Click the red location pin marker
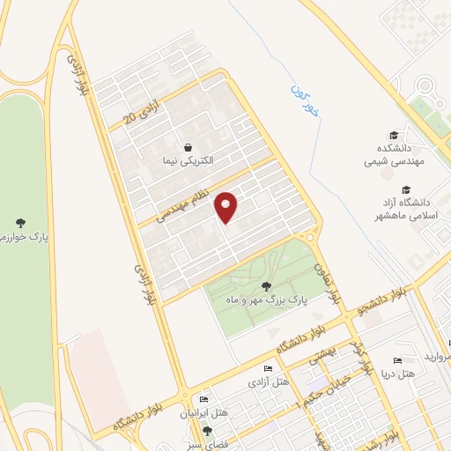coord(227,207)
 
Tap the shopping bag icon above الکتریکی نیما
coord(188,148)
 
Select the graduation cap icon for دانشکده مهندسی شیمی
coord(394,135)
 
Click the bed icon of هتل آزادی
coord(269,369)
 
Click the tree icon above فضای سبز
coord(207,431)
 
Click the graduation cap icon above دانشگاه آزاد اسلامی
coord(406,189)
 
